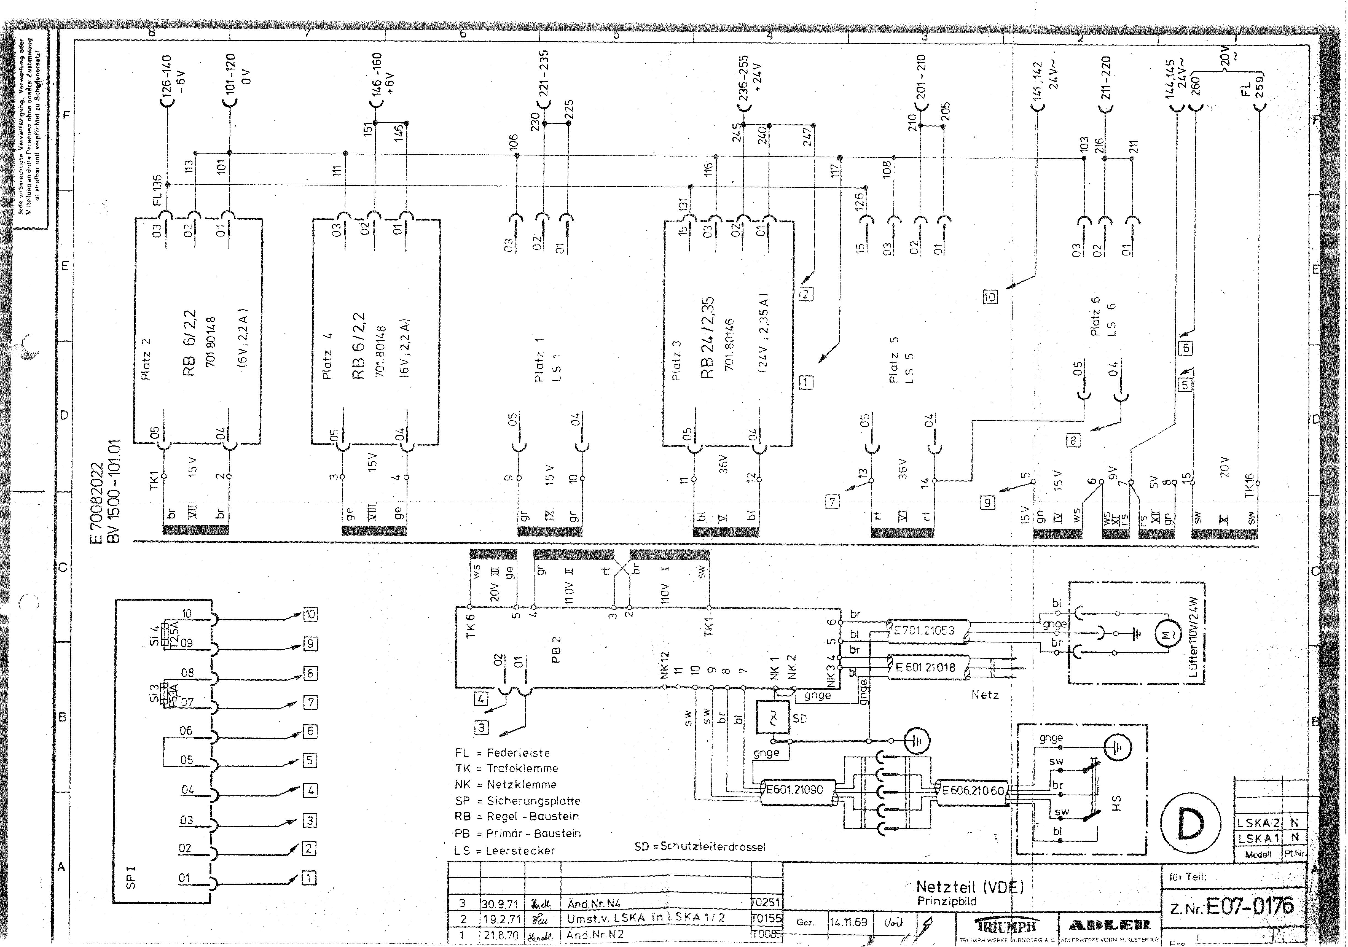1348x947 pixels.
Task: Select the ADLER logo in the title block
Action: [x=1110, y=925]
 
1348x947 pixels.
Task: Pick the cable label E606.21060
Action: [x=973, y=790]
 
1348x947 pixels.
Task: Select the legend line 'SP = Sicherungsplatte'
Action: [x=517, y=801]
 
